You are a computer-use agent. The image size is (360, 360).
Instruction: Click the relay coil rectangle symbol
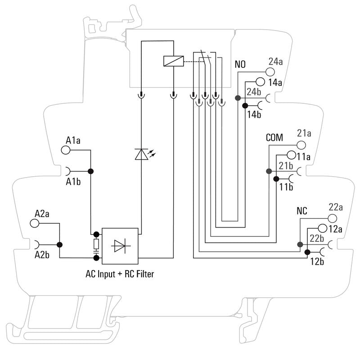[x=174, y=61]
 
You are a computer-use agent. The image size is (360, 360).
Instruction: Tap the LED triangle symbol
[x=141, y=154]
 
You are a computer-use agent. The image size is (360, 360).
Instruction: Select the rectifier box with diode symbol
[x=120, y=246]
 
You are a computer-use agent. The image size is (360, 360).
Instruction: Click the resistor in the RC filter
[x=96, y=244]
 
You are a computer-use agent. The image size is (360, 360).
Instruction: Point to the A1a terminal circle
[x=66, y=150]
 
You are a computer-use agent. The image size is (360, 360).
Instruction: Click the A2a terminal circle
[x=35, y=223]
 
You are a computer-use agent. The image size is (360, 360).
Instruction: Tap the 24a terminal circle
[x=270, y=72]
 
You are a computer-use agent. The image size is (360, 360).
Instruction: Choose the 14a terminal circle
[x=260, y=81]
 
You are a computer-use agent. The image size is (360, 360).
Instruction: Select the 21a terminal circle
[x=301, y=145]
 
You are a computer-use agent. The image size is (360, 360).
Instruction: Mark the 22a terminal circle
[x=332, y=218]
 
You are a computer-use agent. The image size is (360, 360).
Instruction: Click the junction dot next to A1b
[x=90, y=171]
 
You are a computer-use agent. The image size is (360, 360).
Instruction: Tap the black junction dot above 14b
[x=245, y=106]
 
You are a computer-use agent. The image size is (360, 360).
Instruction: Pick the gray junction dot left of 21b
[x=269, y=171]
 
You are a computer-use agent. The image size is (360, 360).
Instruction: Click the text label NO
[x=240, y=65]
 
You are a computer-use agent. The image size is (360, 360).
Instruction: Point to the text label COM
[x=274, y=138]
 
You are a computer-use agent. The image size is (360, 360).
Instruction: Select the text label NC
[x=302, y=211]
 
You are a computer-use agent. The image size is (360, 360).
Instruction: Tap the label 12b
[x=317, y=261]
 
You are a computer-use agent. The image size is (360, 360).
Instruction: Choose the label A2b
[x=42, y=255]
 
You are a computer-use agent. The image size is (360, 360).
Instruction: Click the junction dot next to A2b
[x=59, y=245]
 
